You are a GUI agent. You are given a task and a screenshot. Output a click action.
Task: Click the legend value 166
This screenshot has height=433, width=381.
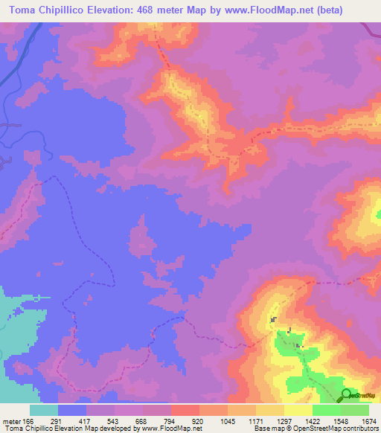[27, 421]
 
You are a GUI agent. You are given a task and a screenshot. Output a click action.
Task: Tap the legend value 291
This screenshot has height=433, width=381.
[57, 421]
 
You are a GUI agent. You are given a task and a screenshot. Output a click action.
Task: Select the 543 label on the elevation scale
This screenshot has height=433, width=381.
[114, 421]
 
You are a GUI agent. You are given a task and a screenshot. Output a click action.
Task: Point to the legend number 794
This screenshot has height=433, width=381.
[170, 421]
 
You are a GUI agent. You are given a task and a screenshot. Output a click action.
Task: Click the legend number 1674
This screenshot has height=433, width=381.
[368, 421]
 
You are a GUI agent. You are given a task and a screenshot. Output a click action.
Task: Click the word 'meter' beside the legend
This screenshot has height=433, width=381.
[10, 421]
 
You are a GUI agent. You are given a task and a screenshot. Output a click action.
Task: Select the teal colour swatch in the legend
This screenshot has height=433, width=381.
[44, 410]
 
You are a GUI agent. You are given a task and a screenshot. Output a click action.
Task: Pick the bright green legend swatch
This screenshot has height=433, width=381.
[326, 410]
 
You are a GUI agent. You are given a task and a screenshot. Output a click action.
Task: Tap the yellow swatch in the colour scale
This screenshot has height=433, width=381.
[298, 410]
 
